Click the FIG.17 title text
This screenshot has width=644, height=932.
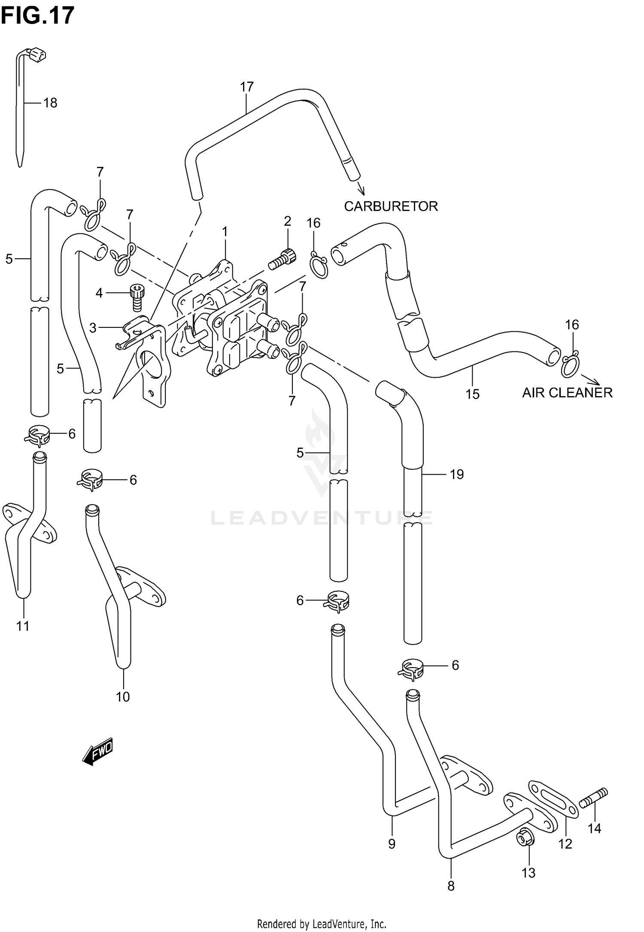pos(37,16)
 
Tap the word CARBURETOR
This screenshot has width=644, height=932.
pos(391,206)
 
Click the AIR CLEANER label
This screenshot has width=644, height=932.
pos(567,393)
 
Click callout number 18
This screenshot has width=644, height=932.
pos(50,103)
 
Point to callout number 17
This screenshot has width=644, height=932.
pos(246,87)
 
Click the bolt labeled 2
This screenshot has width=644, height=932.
pos(283,259)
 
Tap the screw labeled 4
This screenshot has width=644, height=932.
pos(137,298)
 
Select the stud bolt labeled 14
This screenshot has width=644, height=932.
pos(593,798)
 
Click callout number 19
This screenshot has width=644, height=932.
pos(457,474)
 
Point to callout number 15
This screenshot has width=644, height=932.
pos(472,394)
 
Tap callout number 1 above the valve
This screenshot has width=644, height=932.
pos(224,232)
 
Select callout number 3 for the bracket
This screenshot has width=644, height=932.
pos(93,328)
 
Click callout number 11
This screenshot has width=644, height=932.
pos(23,626)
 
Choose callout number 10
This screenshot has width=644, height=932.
pos(123,696)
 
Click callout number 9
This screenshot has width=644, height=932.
pos(392,844)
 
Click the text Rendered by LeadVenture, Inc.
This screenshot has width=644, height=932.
pos(322,923)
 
